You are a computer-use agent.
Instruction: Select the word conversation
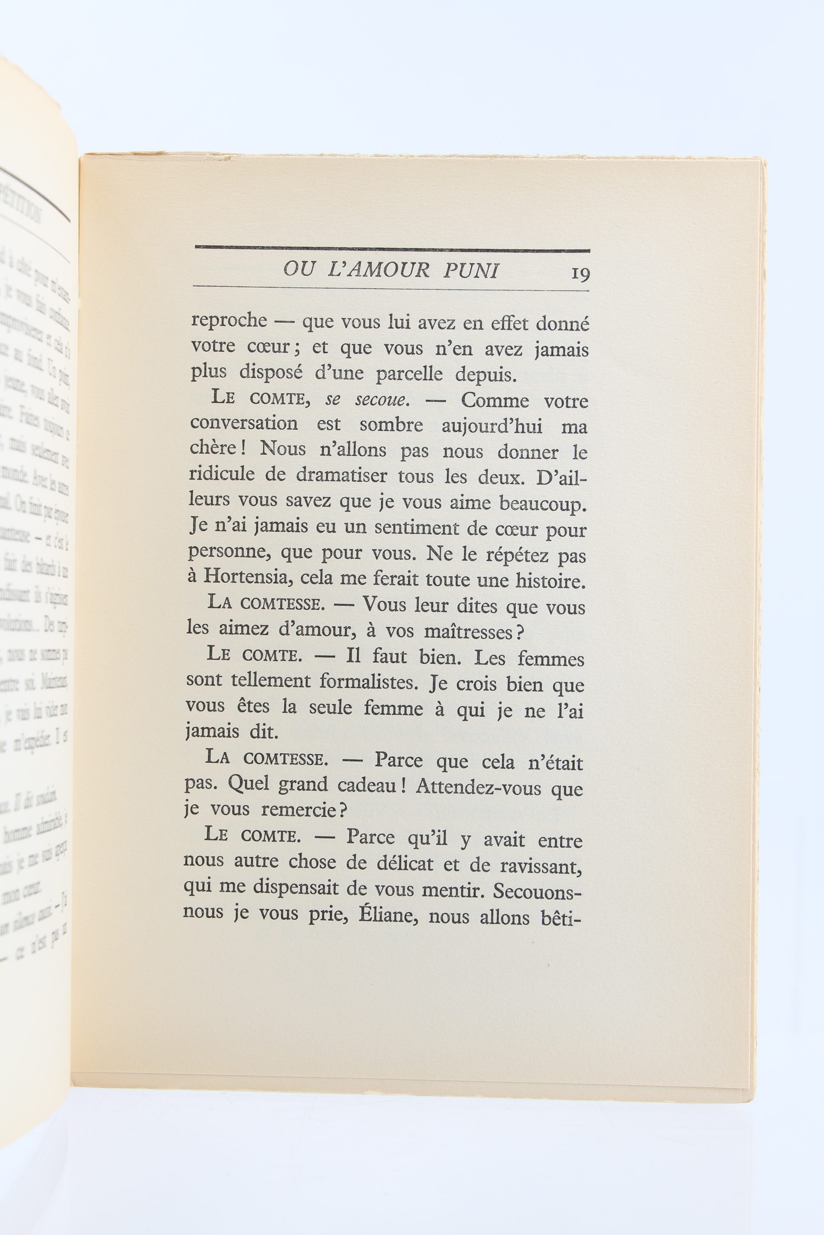tap(244, 424)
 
